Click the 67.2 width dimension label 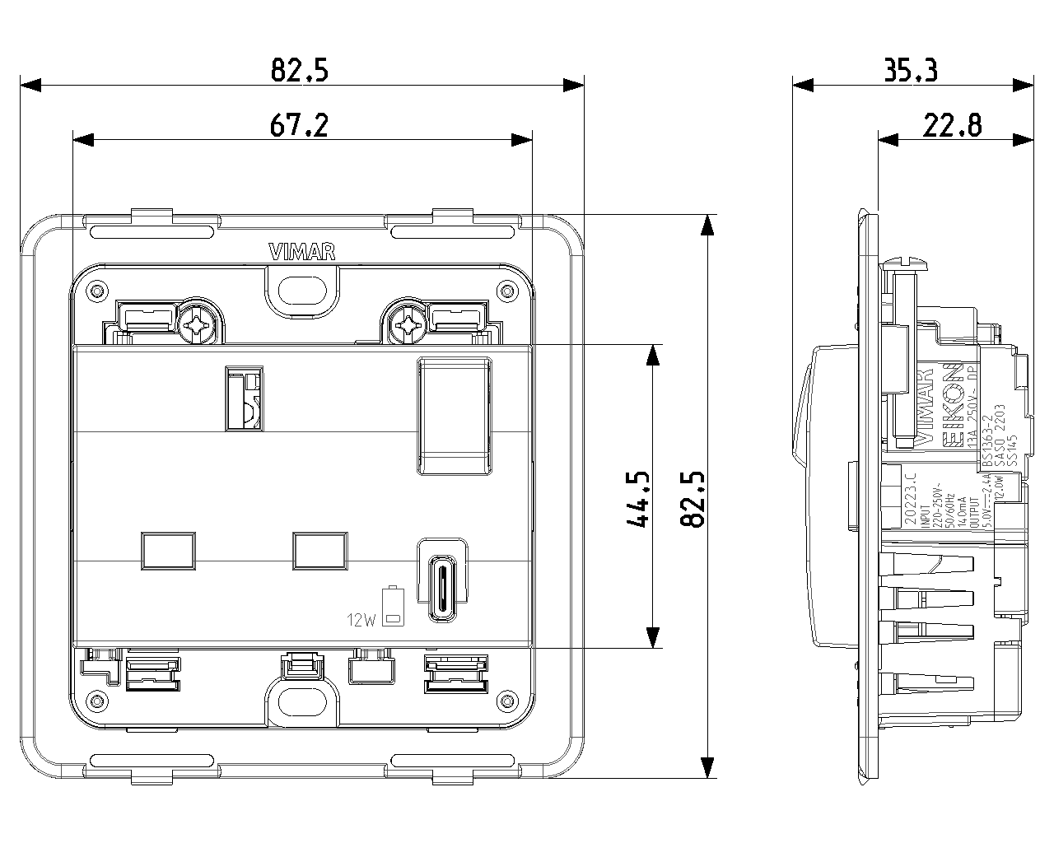click(299, 125)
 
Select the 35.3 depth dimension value click(911, 72)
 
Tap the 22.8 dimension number click(952, 125)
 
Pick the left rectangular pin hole click(169, 550)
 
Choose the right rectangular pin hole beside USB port click(319, 550)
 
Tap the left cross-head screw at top click(198, 324)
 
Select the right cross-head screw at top click(406, 324)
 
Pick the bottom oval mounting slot click(302, 703)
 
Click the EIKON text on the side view click(952, 405)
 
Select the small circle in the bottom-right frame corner click(506, 702)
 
